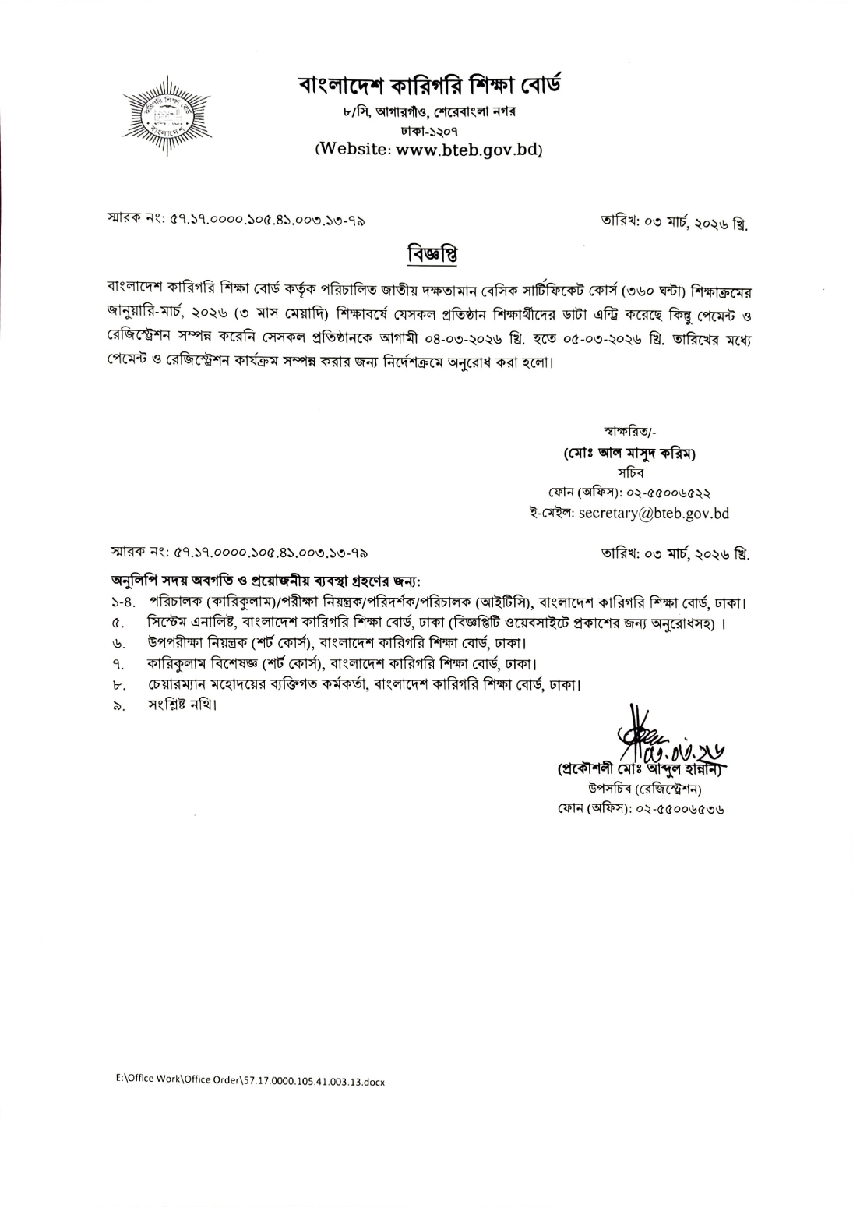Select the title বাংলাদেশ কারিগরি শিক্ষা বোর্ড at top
coord(430,83)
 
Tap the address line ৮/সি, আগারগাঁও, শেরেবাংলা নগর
coord(430,112)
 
